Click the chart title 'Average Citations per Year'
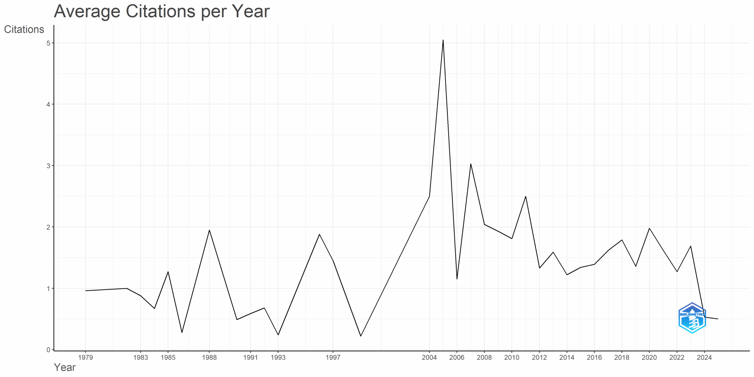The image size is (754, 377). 161,11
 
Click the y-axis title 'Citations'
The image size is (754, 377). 24,29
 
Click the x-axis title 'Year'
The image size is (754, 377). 65,368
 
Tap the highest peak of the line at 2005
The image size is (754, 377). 443,40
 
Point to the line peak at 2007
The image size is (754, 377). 471,164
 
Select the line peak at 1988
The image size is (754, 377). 209,230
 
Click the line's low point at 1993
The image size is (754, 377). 278,335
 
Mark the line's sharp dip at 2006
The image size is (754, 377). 457,279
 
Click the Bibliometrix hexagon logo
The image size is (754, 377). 692,318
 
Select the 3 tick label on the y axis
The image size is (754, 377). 48,166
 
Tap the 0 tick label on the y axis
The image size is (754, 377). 48,350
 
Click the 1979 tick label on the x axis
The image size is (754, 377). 85,358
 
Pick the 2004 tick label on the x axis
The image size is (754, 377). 429,358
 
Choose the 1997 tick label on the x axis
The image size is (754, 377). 333,358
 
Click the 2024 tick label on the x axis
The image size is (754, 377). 704,358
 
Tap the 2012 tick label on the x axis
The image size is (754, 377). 539,358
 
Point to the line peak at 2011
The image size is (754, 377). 526,196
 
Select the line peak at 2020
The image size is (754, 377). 649,228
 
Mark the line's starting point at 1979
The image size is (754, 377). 85,291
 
